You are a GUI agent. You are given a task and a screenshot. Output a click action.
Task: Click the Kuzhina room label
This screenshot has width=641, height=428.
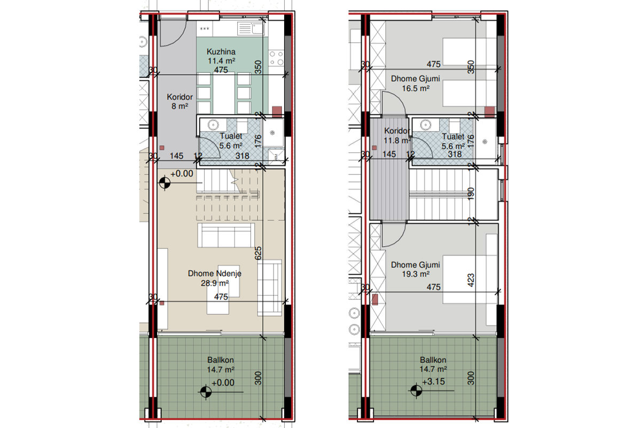221,52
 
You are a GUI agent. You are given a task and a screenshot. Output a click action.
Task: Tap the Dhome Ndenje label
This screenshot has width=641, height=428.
215,273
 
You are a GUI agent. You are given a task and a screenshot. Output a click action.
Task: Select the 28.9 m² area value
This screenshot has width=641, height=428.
215,283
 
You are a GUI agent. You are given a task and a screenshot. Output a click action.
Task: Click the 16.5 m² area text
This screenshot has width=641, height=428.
416,88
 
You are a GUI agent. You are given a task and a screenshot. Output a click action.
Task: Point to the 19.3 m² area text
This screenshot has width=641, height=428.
416,274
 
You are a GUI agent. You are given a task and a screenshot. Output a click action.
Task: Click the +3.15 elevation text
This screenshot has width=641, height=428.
434,381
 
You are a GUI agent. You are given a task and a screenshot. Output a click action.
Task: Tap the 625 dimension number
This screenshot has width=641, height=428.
258,253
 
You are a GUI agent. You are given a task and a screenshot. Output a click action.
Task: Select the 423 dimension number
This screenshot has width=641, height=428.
471,280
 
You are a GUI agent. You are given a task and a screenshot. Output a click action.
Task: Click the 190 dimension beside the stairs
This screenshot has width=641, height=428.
471,194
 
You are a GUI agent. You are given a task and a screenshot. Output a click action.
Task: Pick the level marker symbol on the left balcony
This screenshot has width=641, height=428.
206,392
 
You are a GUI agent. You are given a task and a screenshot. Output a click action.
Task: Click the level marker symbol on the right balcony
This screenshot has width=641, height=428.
416,391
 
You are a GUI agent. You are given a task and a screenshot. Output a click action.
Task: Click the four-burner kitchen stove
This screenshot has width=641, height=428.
277,58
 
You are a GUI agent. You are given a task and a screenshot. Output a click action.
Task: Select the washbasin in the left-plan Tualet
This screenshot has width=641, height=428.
213,125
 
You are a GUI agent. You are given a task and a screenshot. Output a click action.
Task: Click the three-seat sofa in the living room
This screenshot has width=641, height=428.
226,235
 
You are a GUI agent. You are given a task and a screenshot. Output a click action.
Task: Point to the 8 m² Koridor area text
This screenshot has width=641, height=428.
179,106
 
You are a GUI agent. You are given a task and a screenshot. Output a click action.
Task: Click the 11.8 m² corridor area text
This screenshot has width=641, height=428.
397,141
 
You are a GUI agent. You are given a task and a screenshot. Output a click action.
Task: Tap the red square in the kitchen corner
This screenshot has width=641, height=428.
277,111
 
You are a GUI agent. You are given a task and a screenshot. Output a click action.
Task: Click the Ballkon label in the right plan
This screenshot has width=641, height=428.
433,360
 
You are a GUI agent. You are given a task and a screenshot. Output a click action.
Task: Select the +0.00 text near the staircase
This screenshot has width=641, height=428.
182,173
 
